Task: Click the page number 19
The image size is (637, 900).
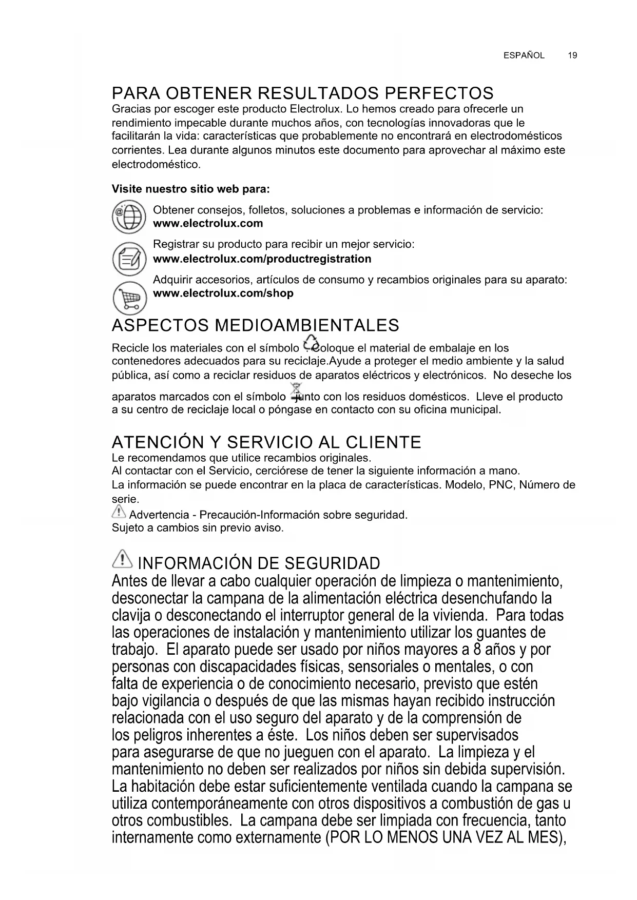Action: coord(573,55)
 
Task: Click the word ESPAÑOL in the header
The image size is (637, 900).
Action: coord(524,55)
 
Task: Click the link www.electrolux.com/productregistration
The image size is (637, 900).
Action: coord(262,259)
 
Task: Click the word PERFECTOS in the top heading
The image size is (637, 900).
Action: coord(439,93)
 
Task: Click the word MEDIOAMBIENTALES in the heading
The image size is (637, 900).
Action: coord(306,325)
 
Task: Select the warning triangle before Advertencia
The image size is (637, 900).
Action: coord(119,512)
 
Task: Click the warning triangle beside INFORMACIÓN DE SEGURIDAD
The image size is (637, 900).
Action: coord(122,559)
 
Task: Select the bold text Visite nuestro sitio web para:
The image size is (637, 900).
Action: coord(191,189)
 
